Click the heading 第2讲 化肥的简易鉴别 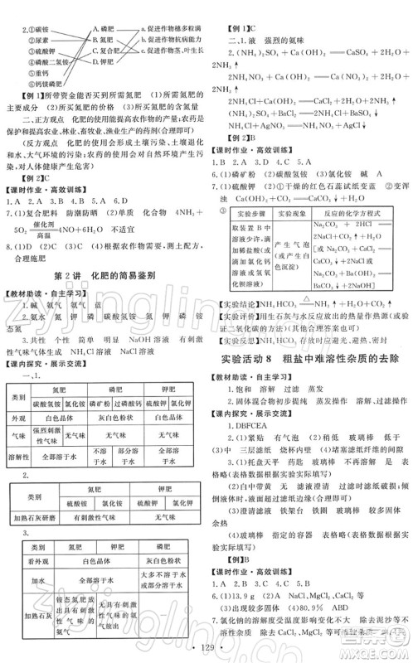103,273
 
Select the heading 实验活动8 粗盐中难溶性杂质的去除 310,335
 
